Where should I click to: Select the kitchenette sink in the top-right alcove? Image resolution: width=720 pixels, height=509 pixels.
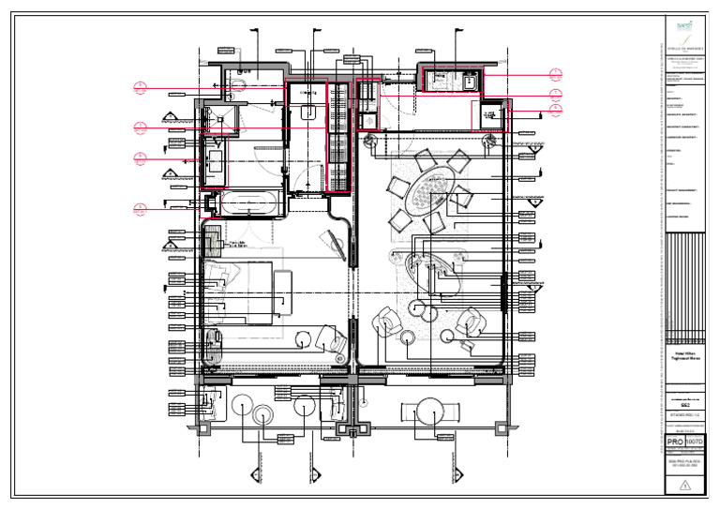tap(470, 81)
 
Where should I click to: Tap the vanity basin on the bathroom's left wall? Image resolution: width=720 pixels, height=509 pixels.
tap(214, 167)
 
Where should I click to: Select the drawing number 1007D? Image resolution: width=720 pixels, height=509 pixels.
tap(695, 441)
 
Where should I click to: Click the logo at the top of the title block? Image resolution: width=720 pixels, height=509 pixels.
tap(682, 30)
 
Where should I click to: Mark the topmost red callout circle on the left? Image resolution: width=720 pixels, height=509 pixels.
tap(140, 88)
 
